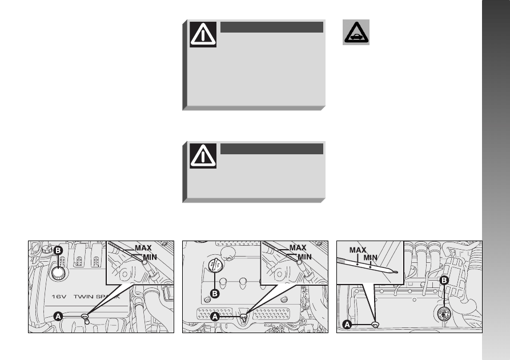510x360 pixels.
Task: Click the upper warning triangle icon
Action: (x=203, y=34)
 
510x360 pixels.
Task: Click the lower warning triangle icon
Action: (x=203, y=156)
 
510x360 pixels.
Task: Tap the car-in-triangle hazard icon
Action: (x=356, y=32)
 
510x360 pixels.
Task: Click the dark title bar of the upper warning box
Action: (x=272, y=27)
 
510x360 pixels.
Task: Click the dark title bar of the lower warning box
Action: (x=272, y=149)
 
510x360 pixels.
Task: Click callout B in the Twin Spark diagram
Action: (x=58, y=250)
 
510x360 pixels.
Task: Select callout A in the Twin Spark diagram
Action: (x=58, y=316)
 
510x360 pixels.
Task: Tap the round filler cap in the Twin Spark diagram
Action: (x=58, y=273)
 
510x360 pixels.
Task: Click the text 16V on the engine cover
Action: (x=59, y=297)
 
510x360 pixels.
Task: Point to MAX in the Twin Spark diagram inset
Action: (x=143, y=248)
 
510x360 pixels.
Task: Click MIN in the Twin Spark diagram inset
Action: (x=150, y=257)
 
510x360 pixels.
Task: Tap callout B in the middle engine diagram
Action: (x=215, y=294)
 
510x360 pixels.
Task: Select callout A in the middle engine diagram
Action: (x=215, y=317)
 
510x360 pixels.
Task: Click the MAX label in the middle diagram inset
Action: (x=298, y=248)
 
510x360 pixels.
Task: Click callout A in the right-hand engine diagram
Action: (x=347, y=325)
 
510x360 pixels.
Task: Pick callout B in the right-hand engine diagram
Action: (x=444, y=280)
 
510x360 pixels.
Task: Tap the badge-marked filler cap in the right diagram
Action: (x=444, y=314)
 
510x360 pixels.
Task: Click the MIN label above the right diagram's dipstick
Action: (x=371, y=258)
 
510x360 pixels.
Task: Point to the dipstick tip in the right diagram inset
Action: (x=396, y=272)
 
